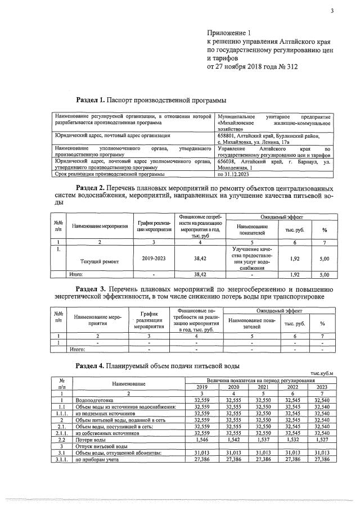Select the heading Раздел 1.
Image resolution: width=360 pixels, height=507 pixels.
click(x=89, y=99)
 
